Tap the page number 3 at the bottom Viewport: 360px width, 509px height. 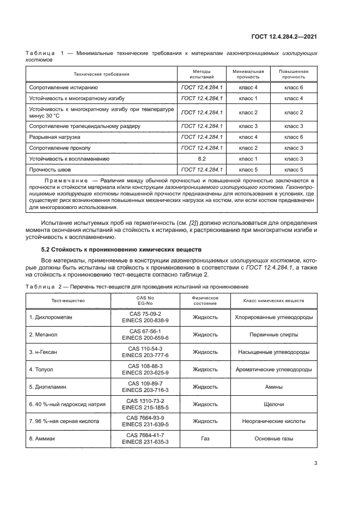pyautogui.click(x=315, y=464)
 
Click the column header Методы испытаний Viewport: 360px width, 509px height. pyautogui.click(x=202, y=74)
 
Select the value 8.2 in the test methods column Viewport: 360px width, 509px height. pyautogui.click(x=202, y=158)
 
